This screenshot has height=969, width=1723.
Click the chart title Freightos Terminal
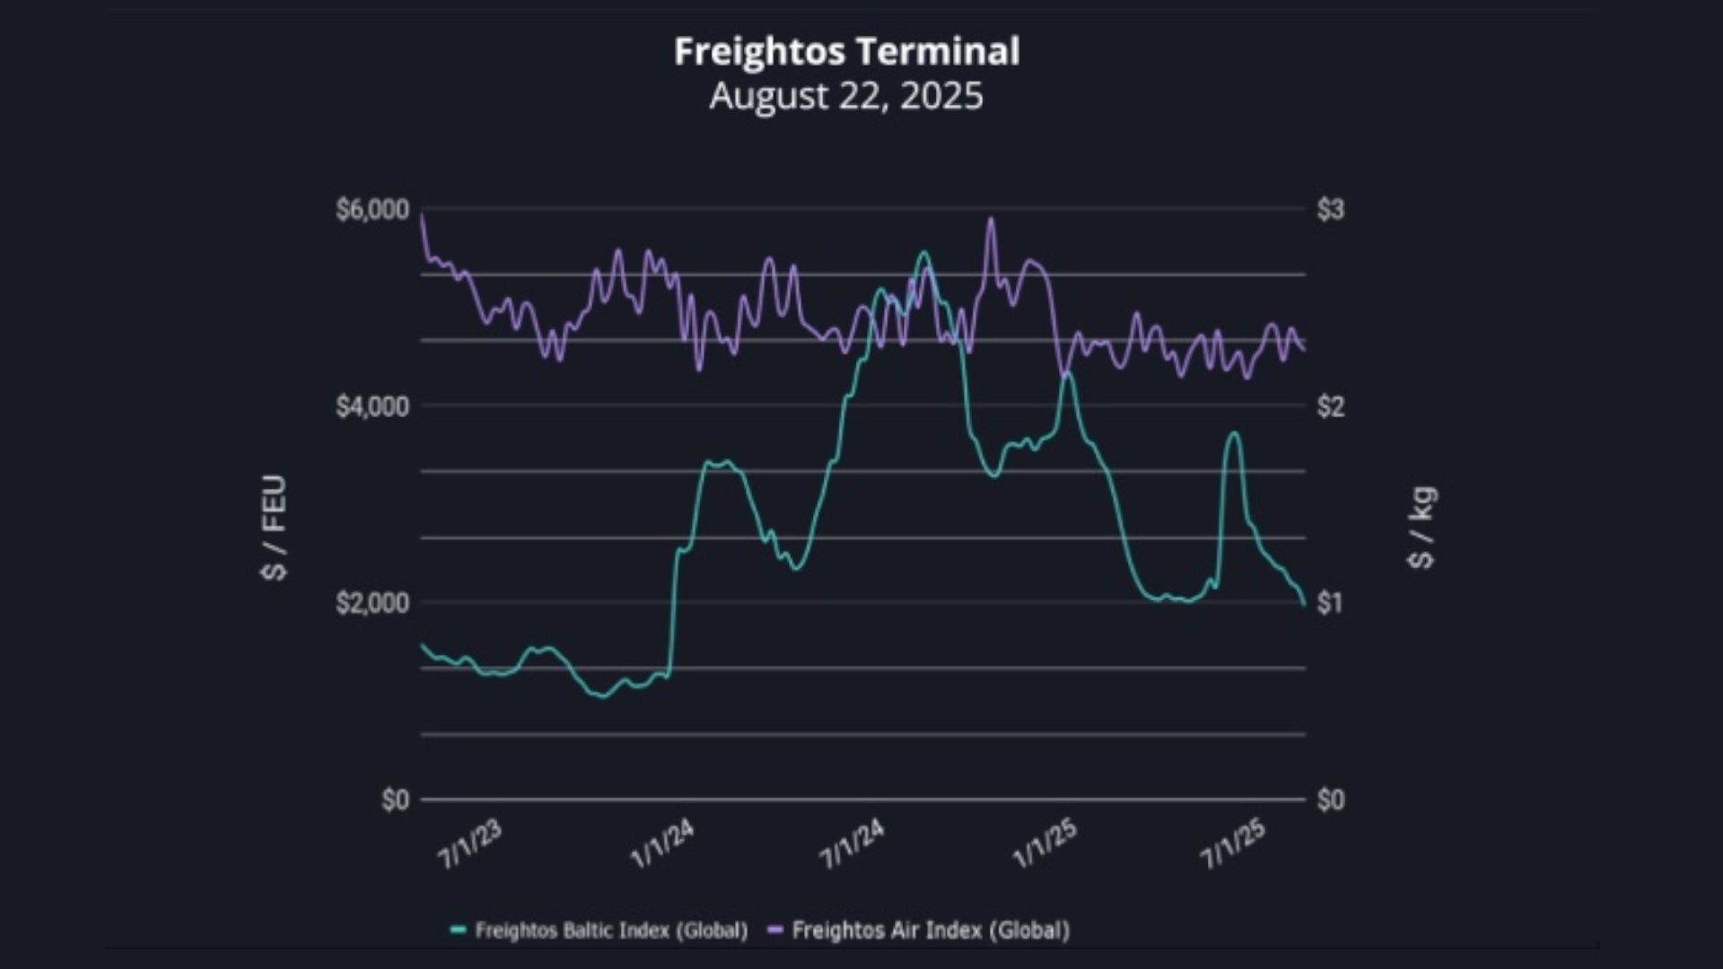click(x=846, y=51)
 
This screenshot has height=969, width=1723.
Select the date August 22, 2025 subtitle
click(x=846, y=96)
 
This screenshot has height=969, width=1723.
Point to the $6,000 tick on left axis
click(x=372, y=210)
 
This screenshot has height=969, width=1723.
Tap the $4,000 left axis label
click(x=372, y=406)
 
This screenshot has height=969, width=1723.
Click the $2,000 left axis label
click(x=372, y=603)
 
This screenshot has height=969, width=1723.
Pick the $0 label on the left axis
click(x=395, y=799)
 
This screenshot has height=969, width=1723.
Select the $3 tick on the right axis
click(x=1330, y=210)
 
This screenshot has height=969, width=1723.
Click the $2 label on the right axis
click(x=1330, y=406)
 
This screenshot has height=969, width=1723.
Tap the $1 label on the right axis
click(x=1330, y=603)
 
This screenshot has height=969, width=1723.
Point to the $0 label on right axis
click(x=1330, y=799)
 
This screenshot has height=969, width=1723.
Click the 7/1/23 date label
click(x=469, y=844)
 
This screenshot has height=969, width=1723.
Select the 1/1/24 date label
click(x=662, y=844)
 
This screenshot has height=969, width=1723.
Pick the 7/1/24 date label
click(x=853, y=844)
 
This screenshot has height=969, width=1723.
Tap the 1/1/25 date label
click(x=1045, y=844)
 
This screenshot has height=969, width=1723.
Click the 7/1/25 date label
click(x=1233, y=844)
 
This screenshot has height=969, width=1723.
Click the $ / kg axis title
click(x=1422, y=528)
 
